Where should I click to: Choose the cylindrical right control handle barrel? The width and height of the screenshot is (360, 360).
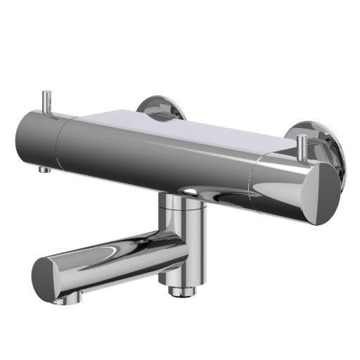click(x=281, y=186)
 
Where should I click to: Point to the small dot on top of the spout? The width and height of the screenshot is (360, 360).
click(x=143, y=242)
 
